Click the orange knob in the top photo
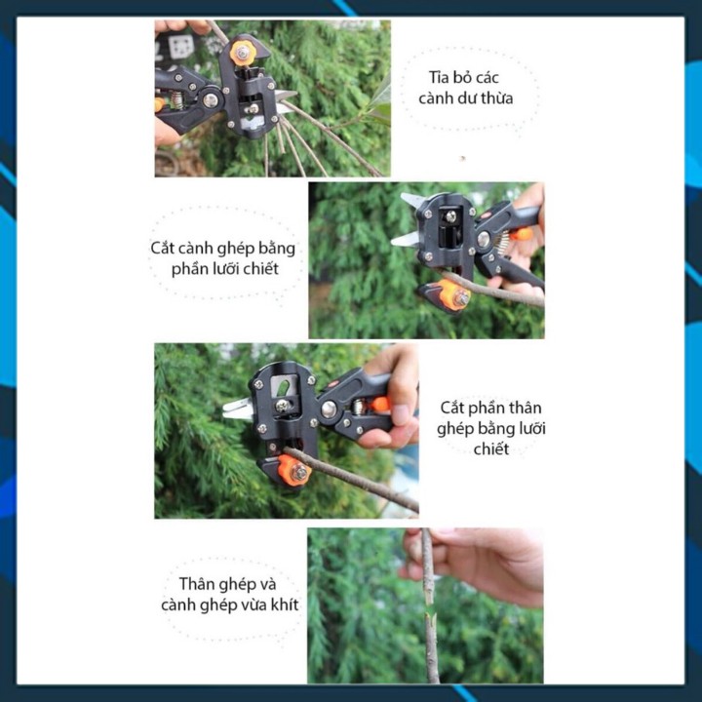[243, 53]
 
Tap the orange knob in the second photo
[453, 294]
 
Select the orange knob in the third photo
[293, 470]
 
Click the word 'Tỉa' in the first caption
[439, 77]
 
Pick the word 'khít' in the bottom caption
[284, 604]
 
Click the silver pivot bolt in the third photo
[330, 409]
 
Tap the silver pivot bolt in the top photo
[210, 99]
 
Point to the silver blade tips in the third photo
[237, 409]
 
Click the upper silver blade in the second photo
[412, 200]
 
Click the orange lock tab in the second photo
[523, 234]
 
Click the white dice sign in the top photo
[181, 46]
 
